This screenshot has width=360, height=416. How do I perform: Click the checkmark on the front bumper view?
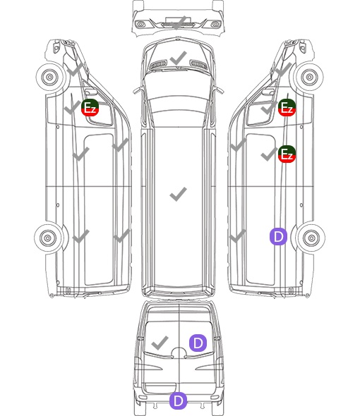click(x=179, y=23)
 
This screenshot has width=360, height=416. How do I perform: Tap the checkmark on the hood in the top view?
click(x=179, y=58)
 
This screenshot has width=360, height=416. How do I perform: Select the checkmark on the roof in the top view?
click(x=179, y=194)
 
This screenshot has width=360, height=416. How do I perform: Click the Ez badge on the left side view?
click(x=90, y=107)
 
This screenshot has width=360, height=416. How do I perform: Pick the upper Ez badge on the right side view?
click(x=287, y=107)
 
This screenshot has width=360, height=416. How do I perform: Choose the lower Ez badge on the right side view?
click(x=287, y=154)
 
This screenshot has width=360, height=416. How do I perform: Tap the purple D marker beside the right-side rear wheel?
click(x=278, y=236)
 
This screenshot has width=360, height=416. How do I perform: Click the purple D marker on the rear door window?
click(x=198, y=343)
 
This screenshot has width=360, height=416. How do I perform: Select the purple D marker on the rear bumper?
click(x=179, y=400)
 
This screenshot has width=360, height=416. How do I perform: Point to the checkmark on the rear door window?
click(x=160, y=343)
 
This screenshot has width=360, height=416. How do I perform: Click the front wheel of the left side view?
click(x=49, y=77)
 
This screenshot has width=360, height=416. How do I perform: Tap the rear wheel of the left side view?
click(x=48, y=238)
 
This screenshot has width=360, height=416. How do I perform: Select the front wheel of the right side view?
click(x=309, y=77)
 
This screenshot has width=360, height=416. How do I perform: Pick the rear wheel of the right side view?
click(x=311, y=238)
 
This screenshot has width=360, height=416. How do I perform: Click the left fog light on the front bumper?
click(x=140, y=25)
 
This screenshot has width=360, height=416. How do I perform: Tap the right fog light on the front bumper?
click(x=215, y=25)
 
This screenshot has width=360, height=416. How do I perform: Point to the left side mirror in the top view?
click(x=136, y=90)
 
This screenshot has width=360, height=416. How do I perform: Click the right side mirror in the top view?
click(x=220, y=90)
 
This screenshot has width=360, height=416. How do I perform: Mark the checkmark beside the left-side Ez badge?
click(x=72, y=107)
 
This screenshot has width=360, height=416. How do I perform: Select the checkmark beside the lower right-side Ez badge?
click(x=269, y=154)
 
